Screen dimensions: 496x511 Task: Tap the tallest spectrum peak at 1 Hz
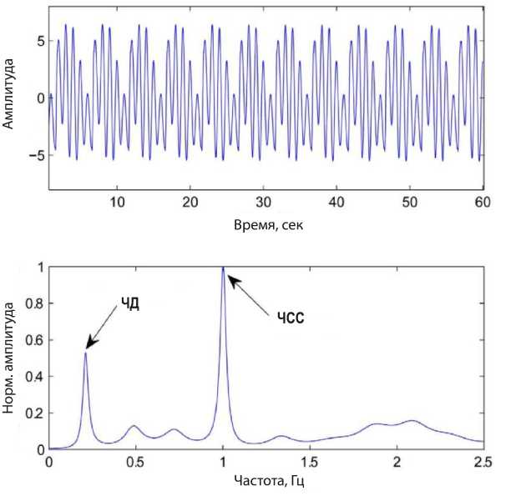tap(223, 269)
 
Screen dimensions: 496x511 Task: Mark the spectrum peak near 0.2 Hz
tap(85, 353)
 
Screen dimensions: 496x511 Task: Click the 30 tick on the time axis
tap(264, 203)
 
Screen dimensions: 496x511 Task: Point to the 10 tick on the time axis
tap(118, 203)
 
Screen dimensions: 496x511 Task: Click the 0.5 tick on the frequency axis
tap(136, 461)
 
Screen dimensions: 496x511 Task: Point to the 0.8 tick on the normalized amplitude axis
tap(34, 304)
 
